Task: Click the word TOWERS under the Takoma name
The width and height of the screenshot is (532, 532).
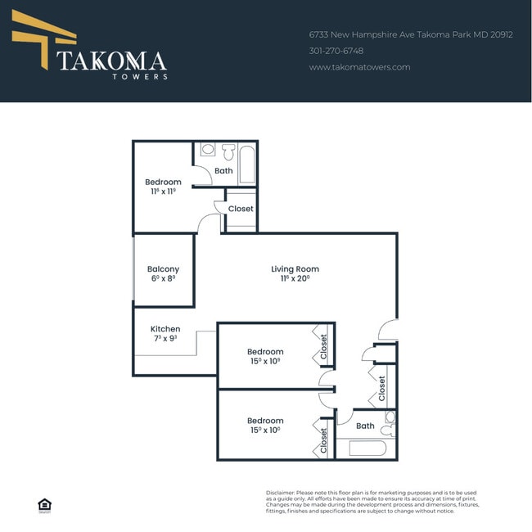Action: (140, 77)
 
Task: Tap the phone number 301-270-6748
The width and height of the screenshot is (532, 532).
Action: (336, 51)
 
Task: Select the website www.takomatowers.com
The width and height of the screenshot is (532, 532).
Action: (359, 67)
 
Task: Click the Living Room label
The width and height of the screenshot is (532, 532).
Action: (295, 269)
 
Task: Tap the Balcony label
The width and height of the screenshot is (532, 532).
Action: (163, 269)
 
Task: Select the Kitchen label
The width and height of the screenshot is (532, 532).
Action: (165, 329)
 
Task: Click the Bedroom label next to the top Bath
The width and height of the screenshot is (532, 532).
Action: (163, 182)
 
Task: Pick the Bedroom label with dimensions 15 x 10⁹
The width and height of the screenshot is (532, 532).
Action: (266, 352)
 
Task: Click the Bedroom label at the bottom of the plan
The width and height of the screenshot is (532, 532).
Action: (266, 421)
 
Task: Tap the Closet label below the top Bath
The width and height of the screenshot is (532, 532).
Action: (241, 209)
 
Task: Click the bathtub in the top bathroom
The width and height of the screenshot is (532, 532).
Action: (247, 164)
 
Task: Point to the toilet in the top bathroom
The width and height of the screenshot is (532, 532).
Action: (228, 151)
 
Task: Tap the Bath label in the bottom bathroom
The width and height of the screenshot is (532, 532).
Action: (365, 426)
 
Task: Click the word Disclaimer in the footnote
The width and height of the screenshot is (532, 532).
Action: (280, 493)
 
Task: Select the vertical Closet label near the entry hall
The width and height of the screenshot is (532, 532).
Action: (381, 388)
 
